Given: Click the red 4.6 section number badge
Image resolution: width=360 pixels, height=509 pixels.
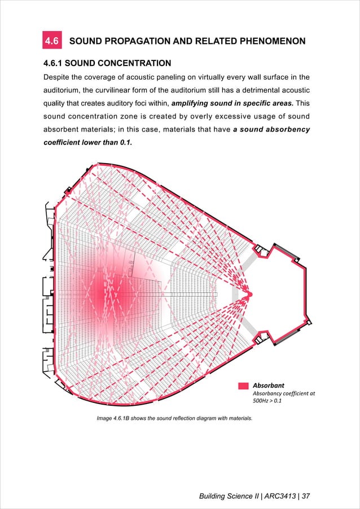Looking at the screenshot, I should pos(52,41).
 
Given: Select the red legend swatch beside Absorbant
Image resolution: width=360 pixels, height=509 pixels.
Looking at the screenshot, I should pos(243,385).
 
